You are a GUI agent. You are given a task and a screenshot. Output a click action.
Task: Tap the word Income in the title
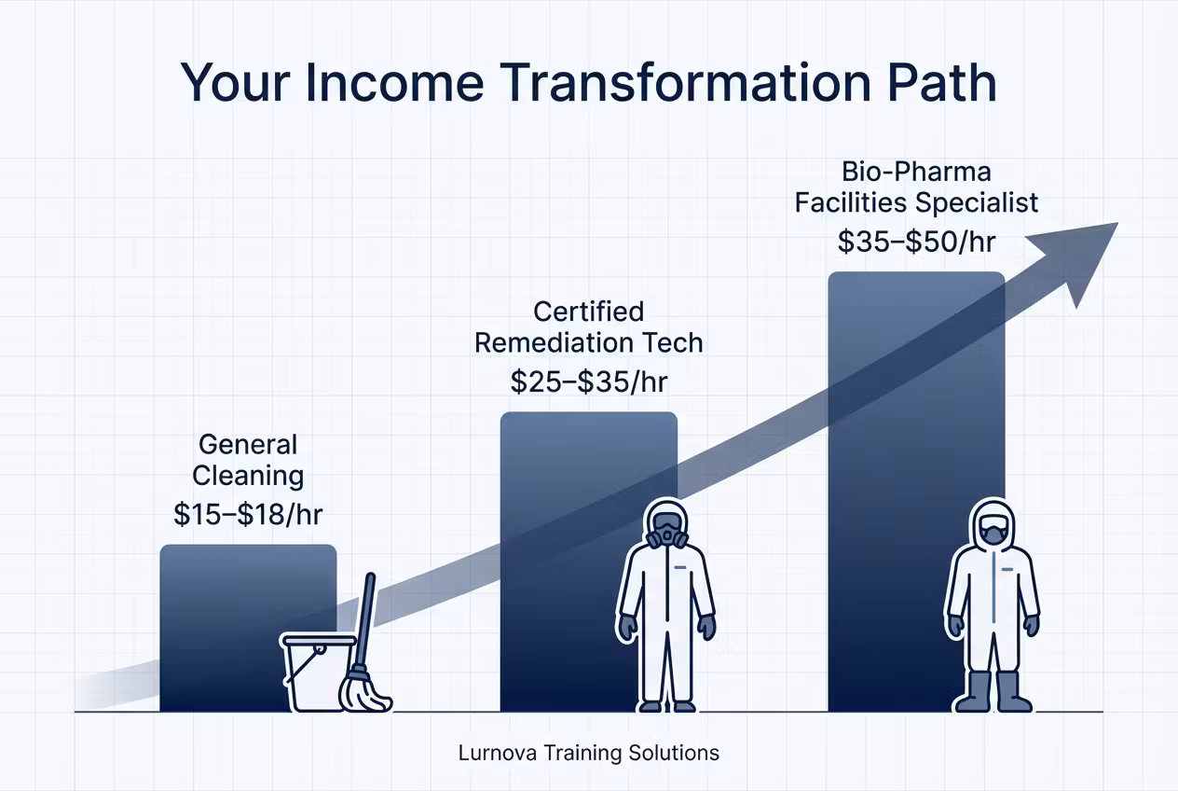coord(394,83)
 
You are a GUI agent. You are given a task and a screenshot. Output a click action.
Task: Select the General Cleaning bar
coord(248,628)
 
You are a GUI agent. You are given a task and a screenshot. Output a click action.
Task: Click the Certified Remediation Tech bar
coord(588,562)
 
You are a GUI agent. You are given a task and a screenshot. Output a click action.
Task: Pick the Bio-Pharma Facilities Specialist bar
coord(916,492)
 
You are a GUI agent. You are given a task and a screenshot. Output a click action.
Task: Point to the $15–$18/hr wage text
coord(248,514)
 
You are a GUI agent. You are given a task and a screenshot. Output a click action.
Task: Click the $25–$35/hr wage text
coord(588,382)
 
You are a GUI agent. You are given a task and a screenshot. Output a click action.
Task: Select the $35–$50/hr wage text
coord(916,242)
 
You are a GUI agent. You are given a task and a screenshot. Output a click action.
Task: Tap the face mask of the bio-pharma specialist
coord(992,533)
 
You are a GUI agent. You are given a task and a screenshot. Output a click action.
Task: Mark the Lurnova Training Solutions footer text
coord(588,753)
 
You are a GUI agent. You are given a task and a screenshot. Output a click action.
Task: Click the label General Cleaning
coord(248,460)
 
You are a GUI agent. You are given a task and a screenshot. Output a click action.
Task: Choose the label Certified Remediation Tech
coord(588,327)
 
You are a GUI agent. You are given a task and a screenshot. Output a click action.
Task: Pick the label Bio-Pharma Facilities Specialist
coord(916,187)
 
